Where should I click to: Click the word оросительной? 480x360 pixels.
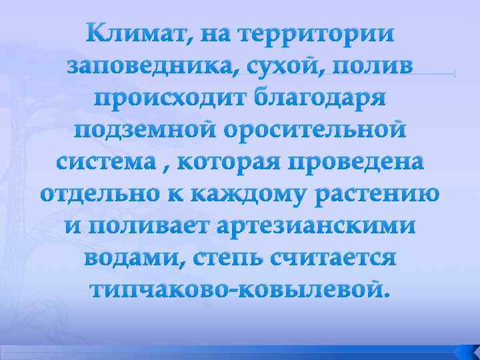coord(315,130)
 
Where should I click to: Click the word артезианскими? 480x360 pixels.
coord(319,226)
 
